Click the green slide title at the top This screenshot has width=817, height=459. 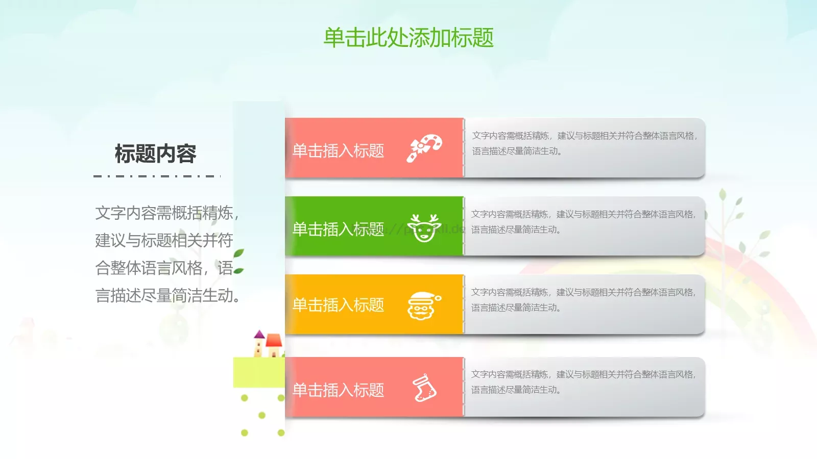pyautogui.click(x=408, y=38)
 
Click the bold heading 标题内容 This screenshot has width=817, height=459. pyautogui.click(x=155, y=154)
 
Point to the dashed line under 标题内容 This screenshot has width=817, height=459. pyautogui.click(x=157, y=176)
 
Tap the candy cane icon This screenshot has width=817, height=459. pyautogui.click(x=424, y=148)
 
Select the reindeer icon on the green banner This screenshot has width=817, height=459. pyautogui.click(x=424, y=227)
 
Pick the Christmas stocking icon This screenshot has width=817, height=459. pyautogui.click(x=424, y=389)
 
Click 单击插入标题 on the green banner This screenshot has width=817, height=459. pyautogui.click(x=338, y=229)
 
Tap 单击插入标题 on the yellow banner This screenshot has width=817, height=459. pyautogui.click(x=338, y=305)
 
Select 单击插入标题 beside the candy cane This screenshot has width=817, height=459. pyautogui.click(x=338, y=150)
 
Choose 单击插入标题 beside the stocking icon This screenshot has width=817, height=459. pyautogui.click(x=338, y=390)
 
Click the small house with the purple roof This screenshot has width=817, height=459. pyautogui.click(x=259, y=344)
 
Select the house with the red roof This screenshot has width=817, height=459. pyautogui.click(x=274, y=345)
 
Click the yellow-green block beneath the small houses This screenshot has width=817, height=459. pyautogui.click(x=258, y=372)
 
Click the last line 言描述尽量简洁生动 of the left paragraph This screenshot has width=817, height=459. pyautogui.click(x=167, y=295)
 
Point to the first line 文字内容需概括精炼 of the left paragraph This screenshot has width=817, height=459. pyautogui.click(x=166, y=213)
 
